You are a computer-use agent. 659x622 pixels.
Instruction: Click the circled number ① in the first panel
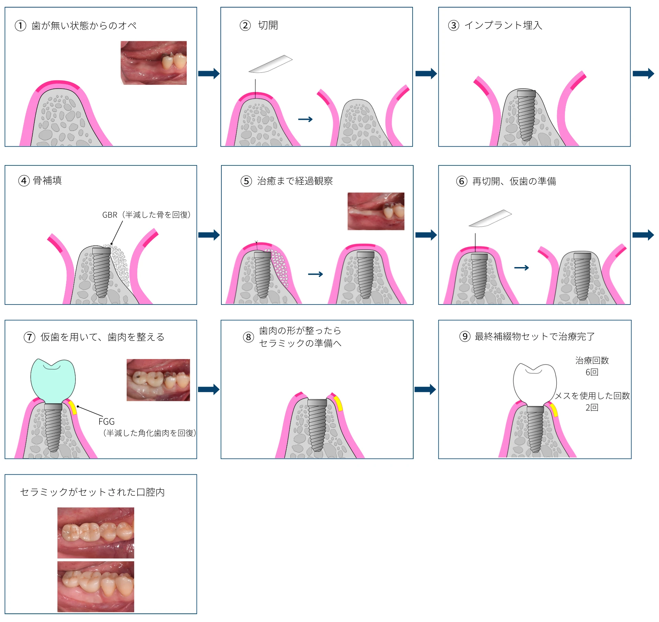tap(21, 25)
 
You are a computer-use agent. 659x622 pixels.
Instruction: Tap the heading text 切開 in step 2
tap(268, 25)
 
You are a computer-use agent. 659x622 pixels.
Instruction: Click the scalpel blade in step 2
tap(270, 64)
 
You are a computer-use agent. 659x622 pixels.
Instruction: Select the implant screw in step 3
tap(526, 115)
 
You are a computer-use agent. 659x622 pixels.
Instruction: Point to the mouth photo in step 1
tap(154, 63)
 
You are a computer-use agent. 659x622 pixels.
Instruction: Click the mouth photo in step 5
tap(376, 211)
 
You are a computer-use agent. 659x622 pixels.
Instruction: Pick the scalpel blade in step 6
tap(490, 219)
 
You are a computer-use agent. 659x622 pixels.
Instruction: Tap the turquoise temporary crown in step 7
tap(53, 380)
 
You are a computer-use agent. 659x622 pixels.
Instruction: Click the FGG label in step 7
tap(106, 422)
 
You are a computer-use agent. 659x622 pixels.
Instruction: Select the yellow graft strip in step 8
tap(338, 403)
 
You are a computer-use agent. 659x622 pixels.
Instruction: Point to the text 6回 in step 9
tap(592, 372)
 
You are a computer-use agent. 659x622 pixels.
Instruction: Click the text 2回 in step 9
tap(592, 407)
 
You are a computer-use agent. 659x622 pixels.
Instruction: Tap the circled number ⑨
tap(465, 336)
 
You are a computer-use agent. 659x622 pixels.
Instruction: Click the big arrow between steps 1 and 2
tap(209, 73)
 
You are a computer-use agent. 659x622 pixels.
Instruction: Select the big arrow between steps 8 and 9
tap(425, 390)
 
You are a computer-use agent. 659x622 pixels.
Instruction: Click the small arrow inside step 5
tap(315, 274)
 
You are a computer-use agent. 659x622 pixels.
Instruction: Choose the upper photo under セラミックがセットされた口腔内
tap(96, 532)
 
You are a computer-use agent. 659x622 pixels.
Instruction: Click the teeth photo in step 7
tap(158, 380)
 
